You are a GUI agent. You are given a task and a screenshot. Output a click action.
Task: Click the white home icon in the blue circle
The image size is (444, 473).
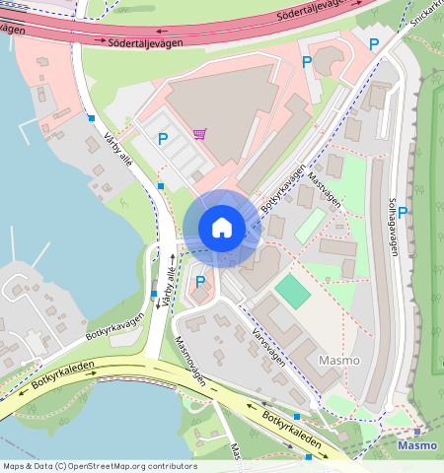point(222,228)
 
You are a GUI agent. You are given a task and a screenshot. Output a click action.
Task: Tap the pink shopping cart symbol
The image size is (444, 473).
point(199,133)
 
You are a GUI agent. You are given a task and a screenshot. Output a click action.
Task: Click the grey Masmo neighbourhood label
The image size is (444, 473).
point(338,361)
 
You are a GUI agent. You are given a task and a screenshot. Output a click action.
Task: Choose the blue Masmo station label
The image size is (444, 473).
point(416,445)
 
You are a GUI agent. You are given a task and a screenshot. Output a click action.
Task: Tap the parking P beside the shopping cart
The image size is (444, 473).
point(163,140)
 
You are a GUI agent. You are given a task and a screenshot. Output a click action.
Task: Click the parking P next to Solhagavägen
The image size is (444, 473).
point(403,212)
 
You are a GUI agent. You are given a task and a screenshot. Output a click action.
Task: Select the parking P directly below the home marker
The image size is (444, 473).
point(200,283)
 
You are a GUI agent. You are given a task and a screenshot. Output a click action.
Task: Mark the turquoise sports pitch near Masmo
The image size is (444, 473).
point(291,291)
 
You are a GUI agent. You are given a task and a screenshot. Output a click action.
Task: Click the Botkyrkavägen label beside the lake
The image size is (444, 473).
point(114,327)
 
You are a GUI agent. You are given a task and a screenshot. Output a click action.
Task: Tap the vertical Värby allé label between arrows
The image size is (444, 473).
point(169,280)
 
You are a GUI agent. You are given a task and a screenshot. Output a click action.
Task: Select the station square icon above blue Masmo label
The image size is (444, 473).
point(418,432)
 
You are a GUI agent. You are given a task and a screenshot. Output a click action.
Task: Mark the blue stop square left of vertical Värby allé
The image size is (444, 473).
point(153,294)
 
